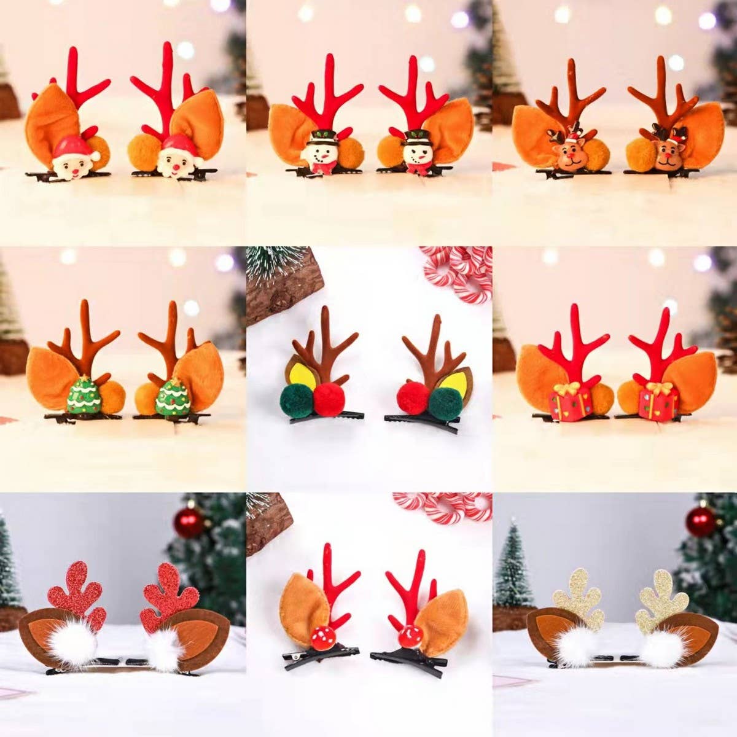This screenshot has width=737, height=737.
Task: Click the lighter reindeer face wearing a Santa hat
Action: [568, 155]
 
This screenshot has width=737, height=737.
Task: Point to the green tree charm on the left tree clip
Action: [83, 396]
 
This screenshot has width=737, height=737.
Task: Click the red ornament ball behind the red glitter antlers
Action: [189, 522]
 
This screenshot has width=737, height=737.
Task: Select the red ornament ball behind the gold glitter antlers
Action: [701, 521]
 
